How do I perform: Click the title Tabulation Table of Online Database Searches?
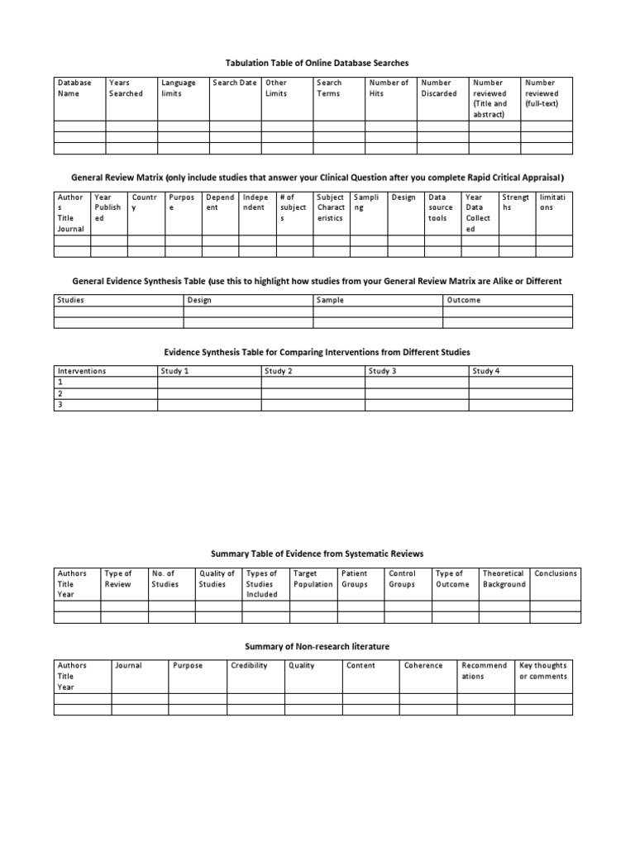tap(317, 63)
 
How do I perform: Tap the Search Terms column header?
tap(329, 88)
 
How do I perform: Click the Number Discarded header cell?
tap(438, 88)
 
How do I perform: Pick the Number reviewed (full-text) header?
tap(542, 88)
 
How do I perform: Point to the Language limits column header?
tap(179, 88)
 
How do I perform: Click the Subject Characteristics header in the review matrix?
tap(331, 207)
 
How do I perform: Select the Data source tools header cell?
tap(441, 207)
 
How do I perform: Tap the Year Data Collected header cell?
tap(478, 213)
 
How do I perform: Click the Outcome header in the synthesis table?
tap(463, 300)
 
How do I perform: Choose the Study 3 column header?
tap(383, 372)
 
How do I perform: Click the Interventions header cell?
tap(81, 372)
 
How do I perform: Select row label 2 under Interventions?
tap(60, 394)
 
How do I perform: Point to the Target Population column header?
tap(313, 578)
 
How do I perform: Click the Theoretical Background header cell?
tap(504, 578)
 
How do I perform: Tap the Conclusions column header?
tap(556, 573)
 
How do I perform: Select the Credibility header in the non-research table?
tap(249, 665)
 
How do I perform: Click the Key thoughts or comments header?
tap(542, 671)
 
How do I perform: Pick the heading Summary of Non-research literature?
tap(317, 645)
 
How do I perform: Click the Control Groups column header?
tap(402, 578)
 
